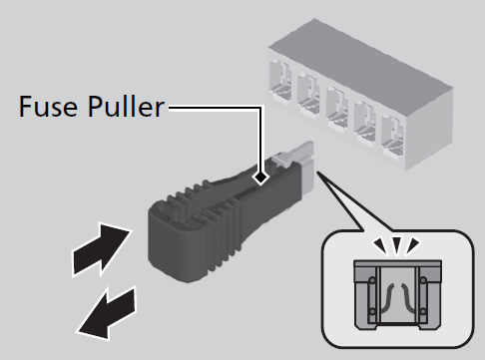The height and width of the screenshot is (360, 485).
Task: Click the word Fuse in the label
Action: (48, 106)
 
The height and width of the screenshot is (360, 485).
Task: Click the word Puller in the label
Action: (126, 106)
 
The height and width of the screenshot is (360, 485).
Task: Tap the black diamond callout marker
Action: (260, 178)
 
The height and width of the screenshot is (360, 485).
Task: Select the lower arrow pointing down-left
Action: (107, 312)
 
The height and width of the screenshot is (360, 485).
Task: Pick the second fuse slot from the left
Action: (308, 94)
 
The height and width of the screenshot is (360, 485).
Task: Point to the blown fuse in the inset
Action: (398, 295)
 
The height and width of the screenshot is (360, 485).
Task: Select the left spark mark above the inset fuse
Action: (380, 245)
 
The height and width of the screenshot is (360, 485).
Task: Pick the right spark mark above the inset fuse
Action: (414, 245)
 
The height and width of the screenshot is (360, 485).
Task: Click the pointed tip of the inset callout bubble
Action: (317, 172)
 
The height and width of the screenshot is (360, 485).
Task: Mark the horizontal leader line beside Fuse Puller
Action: (215, 107)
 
